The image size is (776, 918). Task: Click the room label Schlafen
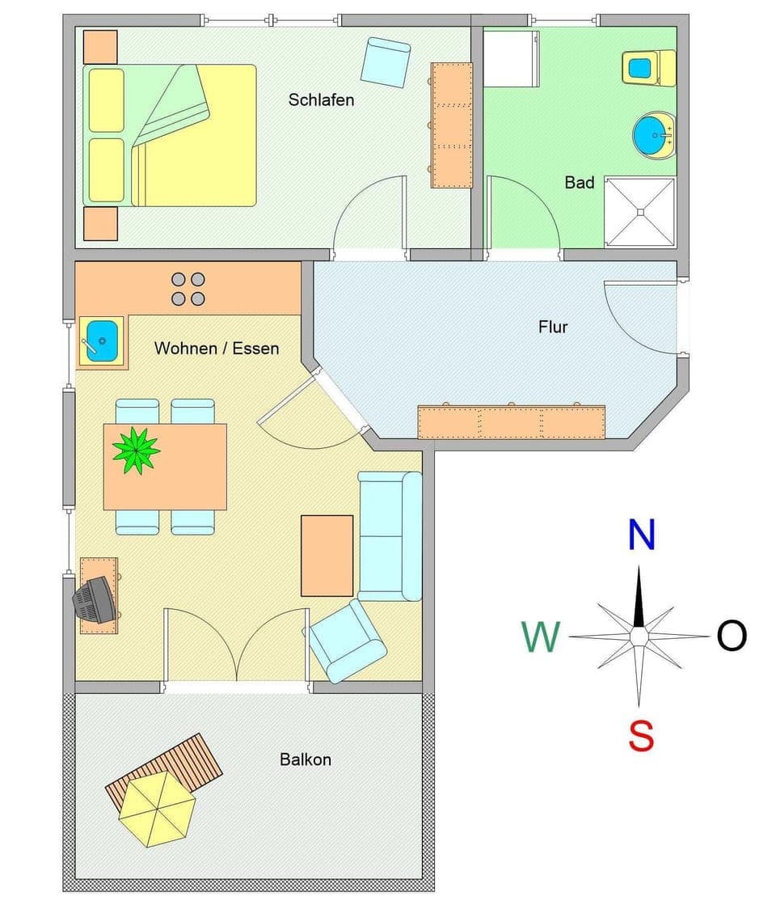click(x=321, y=100)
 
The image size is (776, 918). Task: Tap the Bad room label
click(x=579, y=183)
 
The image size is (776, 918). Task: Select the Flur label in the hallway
click(x=553, y=327)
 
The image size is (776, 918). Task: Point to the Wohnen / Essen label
click(x=217, y=349)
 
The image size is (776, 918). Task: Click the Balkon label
click(x=306, y=759)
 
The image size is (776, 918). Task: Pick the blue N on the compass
click(x=641, y=535)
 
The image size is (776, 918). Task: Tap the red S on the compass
click(x=640, y=737)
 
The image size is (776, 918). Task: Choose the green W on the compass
click(x=541, y=637)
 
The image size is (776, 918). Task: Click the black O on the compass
click(x=732, y=637)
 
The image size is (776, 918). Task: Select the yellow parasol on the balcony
click(x=157, y=808)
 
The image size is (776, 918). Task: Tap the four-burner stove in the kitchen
click(x=188, y=289)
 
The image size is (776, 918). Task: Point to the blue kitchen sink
click(x=102, y=338)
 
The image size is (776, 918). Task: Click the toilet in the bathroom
click(x=647, y=68)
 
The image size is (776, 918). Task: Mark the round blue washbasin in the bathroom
click(x=652, y=134)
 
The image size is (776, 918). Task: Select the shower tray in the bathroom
click(x=639, y=212)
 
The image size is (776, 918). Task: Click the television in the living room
click(x=95, y=599)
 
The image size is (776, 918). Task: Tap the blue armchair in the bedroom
click(x=386, y=61)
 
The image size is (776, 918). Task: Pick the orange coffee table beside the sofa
click(x=327, y=556)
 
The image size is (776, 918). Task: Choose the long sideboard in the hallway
click(x=511, y=422)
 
